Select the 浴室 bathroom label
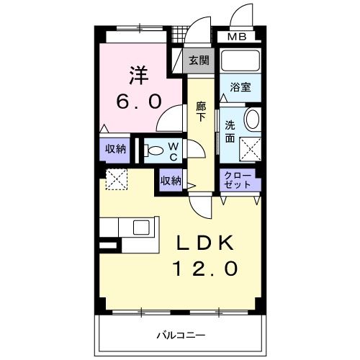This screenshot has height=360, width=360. click(240, 87)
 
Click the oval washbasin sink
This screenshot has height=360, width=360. click(252, 120)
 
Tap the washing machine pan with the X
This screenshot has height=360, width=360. click(251, 149)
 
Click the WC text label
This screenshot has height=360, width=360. click(174, 150)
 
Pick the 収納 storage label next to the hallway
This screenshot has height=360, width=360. click(171, 181)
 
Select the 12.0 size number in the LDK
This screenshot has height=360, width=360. click(204, 269)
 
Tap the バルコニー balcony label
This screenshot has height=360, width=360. click(181, 336)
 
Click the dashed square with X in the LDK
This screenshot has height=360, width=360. click(116, 179)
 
